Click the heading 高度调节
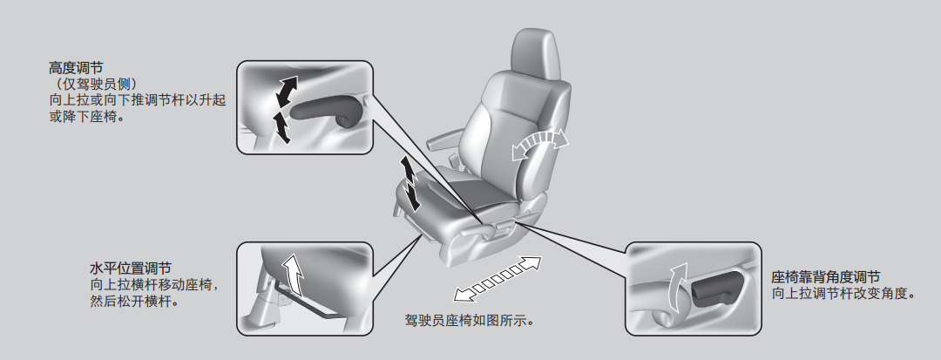(x=76, y=68)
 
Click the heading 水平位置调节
(x=130, y=268)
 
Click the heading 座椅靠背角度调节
(x=826, y=277)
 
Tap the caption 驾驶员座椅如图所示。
(x=470, y=321)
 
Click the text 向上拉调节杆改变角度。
(x=844, y=294)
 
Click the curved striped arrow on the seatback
(x=539, y=143)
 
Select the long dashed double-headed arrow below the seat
(x=497, y=278)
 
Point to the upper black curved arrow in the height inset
(x=285, y=92)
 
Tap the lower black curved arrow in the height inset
(x=281, y=127)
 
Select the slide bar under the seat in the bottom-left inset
(x=300, y=303)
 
